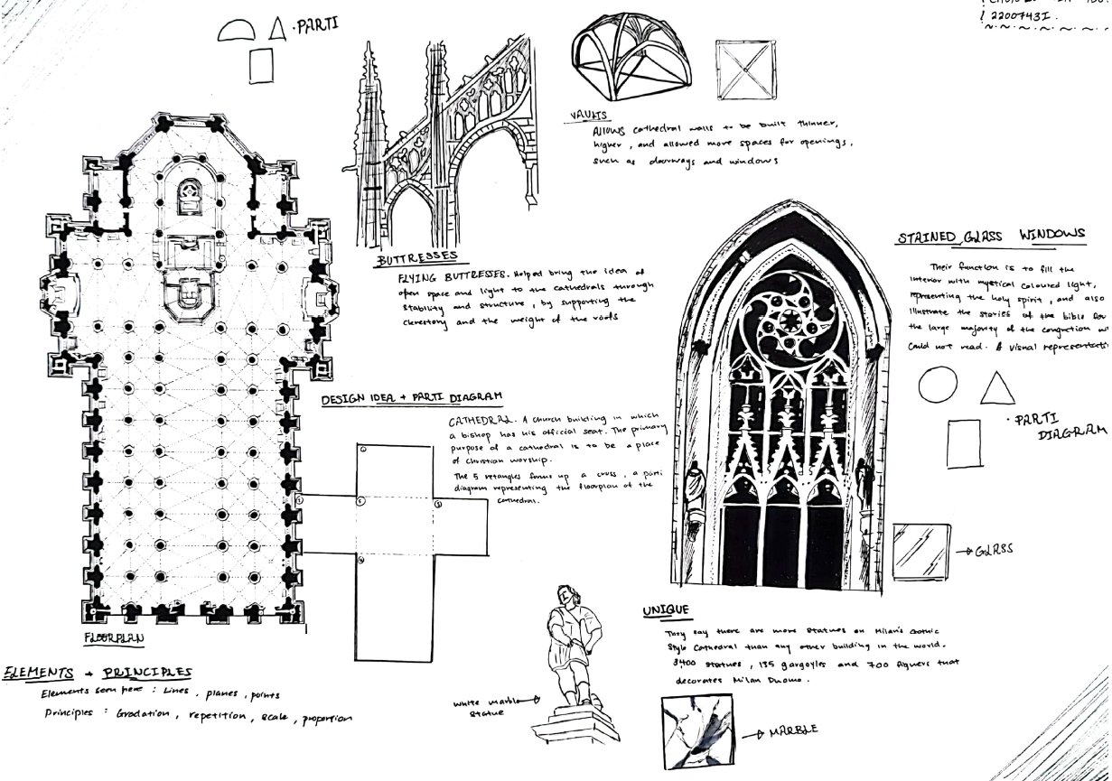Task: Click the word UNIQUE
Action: [x=666, y=611]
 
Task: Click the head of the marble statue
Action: [x=565, y=597]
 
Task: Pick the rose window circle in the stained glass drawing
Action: [x=784, y=318]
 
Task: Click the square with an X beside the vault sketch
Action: [x=745, y=70]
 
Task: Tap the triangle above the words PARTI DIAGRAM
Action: [x=997, y=386]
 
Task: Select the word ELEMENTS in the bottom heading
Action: [x=38, y=672]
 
